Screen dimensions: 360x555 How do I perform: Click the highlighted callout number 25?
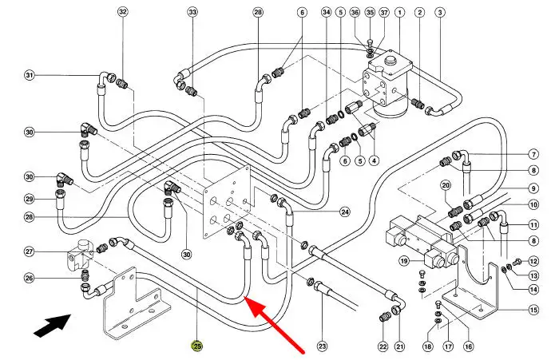(x=196, y=346)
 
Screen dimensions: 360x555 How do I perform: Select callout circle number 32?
(x=122, y=12)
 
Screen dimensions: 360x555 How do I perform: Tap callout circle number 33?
(x=192, y=12)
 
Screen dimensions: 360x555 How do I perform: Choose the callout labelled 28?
(x=258, y=12)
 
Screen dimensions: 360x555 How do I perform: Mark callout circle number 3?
(x=440, y=12)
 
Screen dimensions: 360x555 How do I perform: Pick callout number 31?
(x=30, y=76)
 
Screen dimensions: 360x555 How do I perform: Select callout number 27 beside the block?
(x=30, y=252)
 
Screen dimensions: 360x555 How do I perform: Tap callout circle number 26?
(x=30, y=279)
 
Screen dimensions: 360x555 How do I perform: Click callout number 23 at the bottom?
(x=322, y=346)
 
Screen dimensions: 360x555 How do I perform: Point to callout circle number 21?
(x=400, y=346)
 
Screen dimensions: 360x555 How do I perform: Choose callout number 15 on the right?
(x=533, y=309)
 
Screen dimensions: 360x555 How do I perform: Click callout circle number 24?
(x=345, y=212)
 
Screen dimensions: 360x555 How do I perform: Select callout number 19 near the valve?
(x=405, y=260)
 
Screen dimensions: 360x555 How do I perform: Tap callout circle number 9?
(x=533, y=188)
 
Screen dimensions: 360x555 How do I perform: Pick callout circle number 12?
(x=533, y=261)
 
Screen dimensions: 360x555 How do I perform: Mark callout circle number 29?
(x=30, y=199)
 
